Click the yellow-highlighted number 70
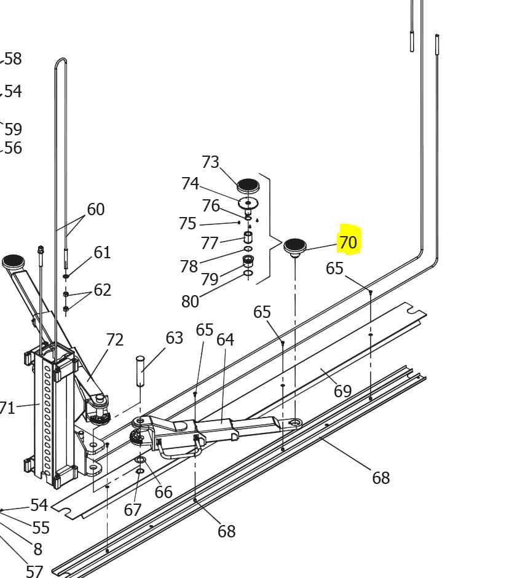(x=348, y=242)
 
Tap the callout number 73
(x=210, y=162)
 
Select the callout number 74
(x=190, y=183)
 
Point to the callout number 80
(x=191, y=301)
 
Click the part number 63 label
(x=175, y=338)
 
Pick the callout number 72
(x=115, y=339)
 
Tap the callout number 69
(x=342, y=391)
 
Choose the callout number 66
(x=163, y=492)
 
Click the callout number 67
(x=133, y=510)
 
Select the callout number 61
(x=102, y=252)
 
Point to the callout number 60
(x=96, y=209)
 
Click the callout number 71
(x=7, y=407)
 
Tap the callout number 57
(x=34, y=571)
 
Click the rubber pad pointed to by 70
(x=295, y=246)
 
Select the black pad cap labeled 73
(x=248, y=184)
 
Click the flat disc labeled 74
(x=248, y=202)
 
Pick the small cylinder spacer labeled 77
(x=248, y=237)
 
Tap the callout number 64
(x=226, y=339)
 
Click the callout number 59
(x=14, y=129)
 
